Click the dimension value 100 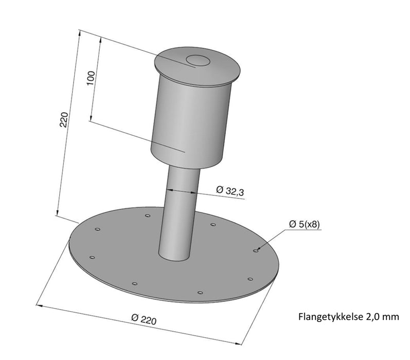click(x=91, y=78)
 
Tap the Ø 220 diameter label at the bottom click(x=144, y=320)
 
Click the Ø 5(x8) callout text click(x=305, y=224)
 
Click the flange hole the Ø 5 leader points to click(x=256, y=250)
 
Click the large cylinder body click(x=190, y=123)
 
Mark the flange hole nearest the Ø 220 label click(x=134, y=283)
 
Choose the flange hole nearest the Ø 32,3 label click(x=212, y=225)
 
